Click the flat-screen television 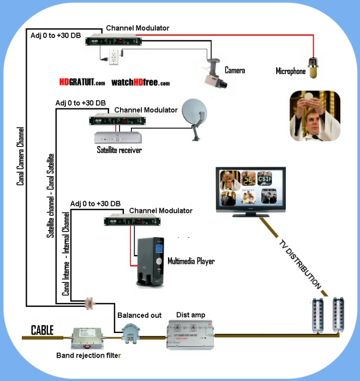(x=249, y=191)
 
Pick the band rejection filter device (x=90, y=338)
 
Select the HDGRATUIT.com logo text (x=82, y=83)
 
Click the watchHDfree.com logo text (x=141, y=83)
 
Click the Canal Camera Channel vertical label (x=20, y=156)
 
